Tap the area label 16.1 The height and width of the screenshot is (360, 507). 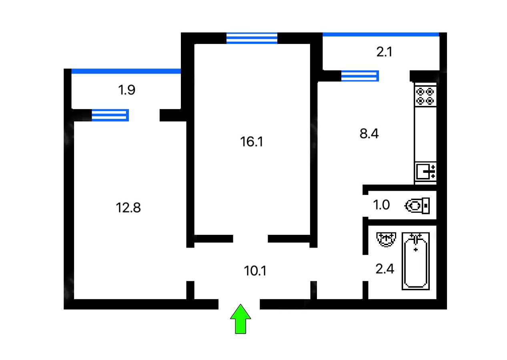[x=251, y=142]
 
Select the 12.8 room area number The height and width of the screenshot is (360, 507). [x=128, y=208]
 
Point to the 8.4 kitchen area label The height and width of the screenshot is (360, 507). [x=369, y=134]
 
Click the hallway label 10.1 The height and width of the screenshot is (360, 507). [x=255, y=271]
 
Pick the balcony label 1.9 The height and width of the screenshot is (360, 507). [x=127, y=90]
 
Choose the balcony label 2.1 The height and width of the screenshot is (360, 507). [x=384, y=52]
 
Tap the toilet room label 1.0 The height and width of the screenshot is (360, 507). [x=381, y=205]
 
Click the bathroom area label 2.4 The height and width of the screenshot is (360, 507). [x=385, y=269]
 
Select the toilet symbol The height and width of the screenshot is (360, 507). [x=417, y=206]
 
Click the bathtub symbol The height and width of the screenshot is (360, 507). [x=415, y=261]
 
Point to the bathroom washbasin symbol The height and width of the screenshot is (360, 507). [x=386, y=240]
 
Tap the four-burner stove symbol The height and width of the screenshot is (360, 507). [x=425, y=96]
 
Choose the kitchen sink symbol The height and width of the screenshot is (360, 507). [x=425, y=171]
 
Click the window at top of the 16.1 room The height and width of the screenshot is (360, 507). [x=252, y=38]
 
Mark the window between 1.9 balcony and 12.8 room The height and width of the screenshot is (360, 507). [x=110, y=115]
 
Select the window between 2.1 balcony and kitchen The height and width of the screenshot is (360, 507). [x=360, y=76]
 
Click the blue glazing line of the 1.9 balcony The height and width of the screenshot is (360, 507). [x=126, y=71]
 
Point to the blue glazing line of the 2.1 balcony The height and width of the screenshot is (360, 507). [x=381, y=34]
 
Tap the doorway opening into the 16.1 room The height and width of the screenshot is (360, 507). [x=250, y=239]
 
